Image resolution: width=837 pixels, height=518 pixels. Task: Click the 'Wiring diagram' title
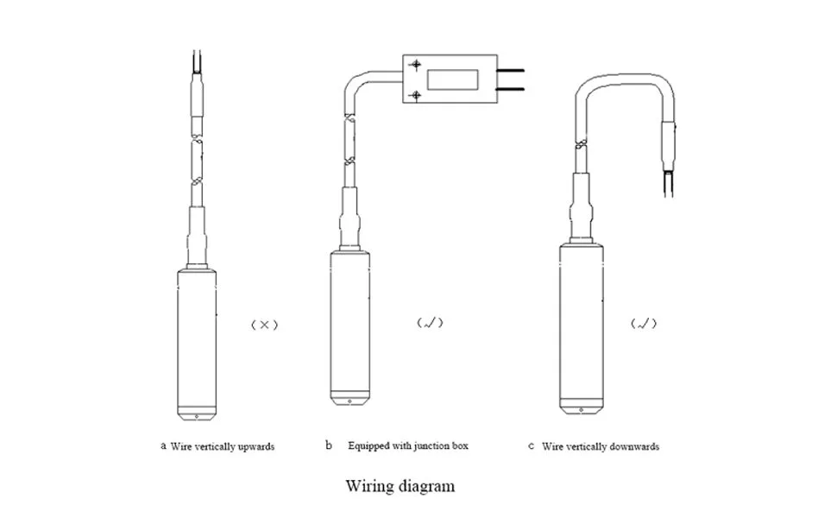coord(400,486)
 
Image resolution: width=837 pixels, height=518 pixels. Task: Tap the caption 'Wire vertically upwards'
coord(222,446)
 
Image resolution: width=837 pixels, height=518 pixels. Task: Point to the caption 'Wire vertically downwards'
coord(601,446)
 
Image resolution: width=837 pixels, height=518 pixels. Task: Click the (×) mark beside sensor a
coord(264,325)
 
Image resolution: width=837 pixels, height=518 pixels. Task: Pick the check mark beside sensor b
coord(429,324)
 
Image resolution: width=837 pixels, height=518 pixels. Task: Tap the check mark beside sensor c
coord(643,325)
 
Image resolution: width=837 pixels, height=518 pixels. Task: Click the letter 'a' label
coord(163,446)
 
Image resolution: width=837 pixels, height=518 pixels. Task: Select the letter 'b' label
coord(328,446)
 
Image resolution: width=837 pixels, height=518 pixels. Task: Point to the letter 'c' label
coord(530,446)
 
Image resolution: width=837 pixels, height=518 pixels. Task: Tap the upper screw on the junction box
coord(416,66)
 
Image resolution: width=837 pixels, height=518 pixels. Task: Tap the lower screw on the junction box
coord(416,93)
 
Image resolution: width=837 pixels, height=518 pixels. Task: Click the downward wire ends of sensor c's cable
coord(667,182)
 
